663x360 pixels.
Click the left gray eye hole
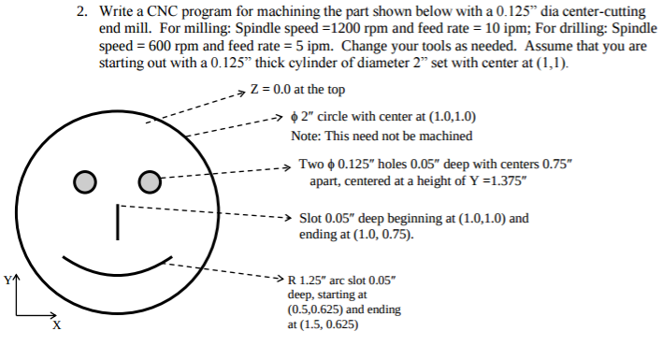click(84, 180)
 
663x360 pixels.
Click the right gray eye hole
click(150, 180)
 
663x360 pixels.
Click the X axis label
click(56, 325)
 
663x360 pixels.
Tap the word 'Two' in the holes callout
click(310, 164)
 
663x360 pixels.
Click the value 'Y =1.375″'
click(495, 180)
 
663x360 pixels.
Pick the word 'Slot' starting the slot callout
click(310, 218)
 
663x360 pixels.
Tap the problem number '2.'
click(82, 13)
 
